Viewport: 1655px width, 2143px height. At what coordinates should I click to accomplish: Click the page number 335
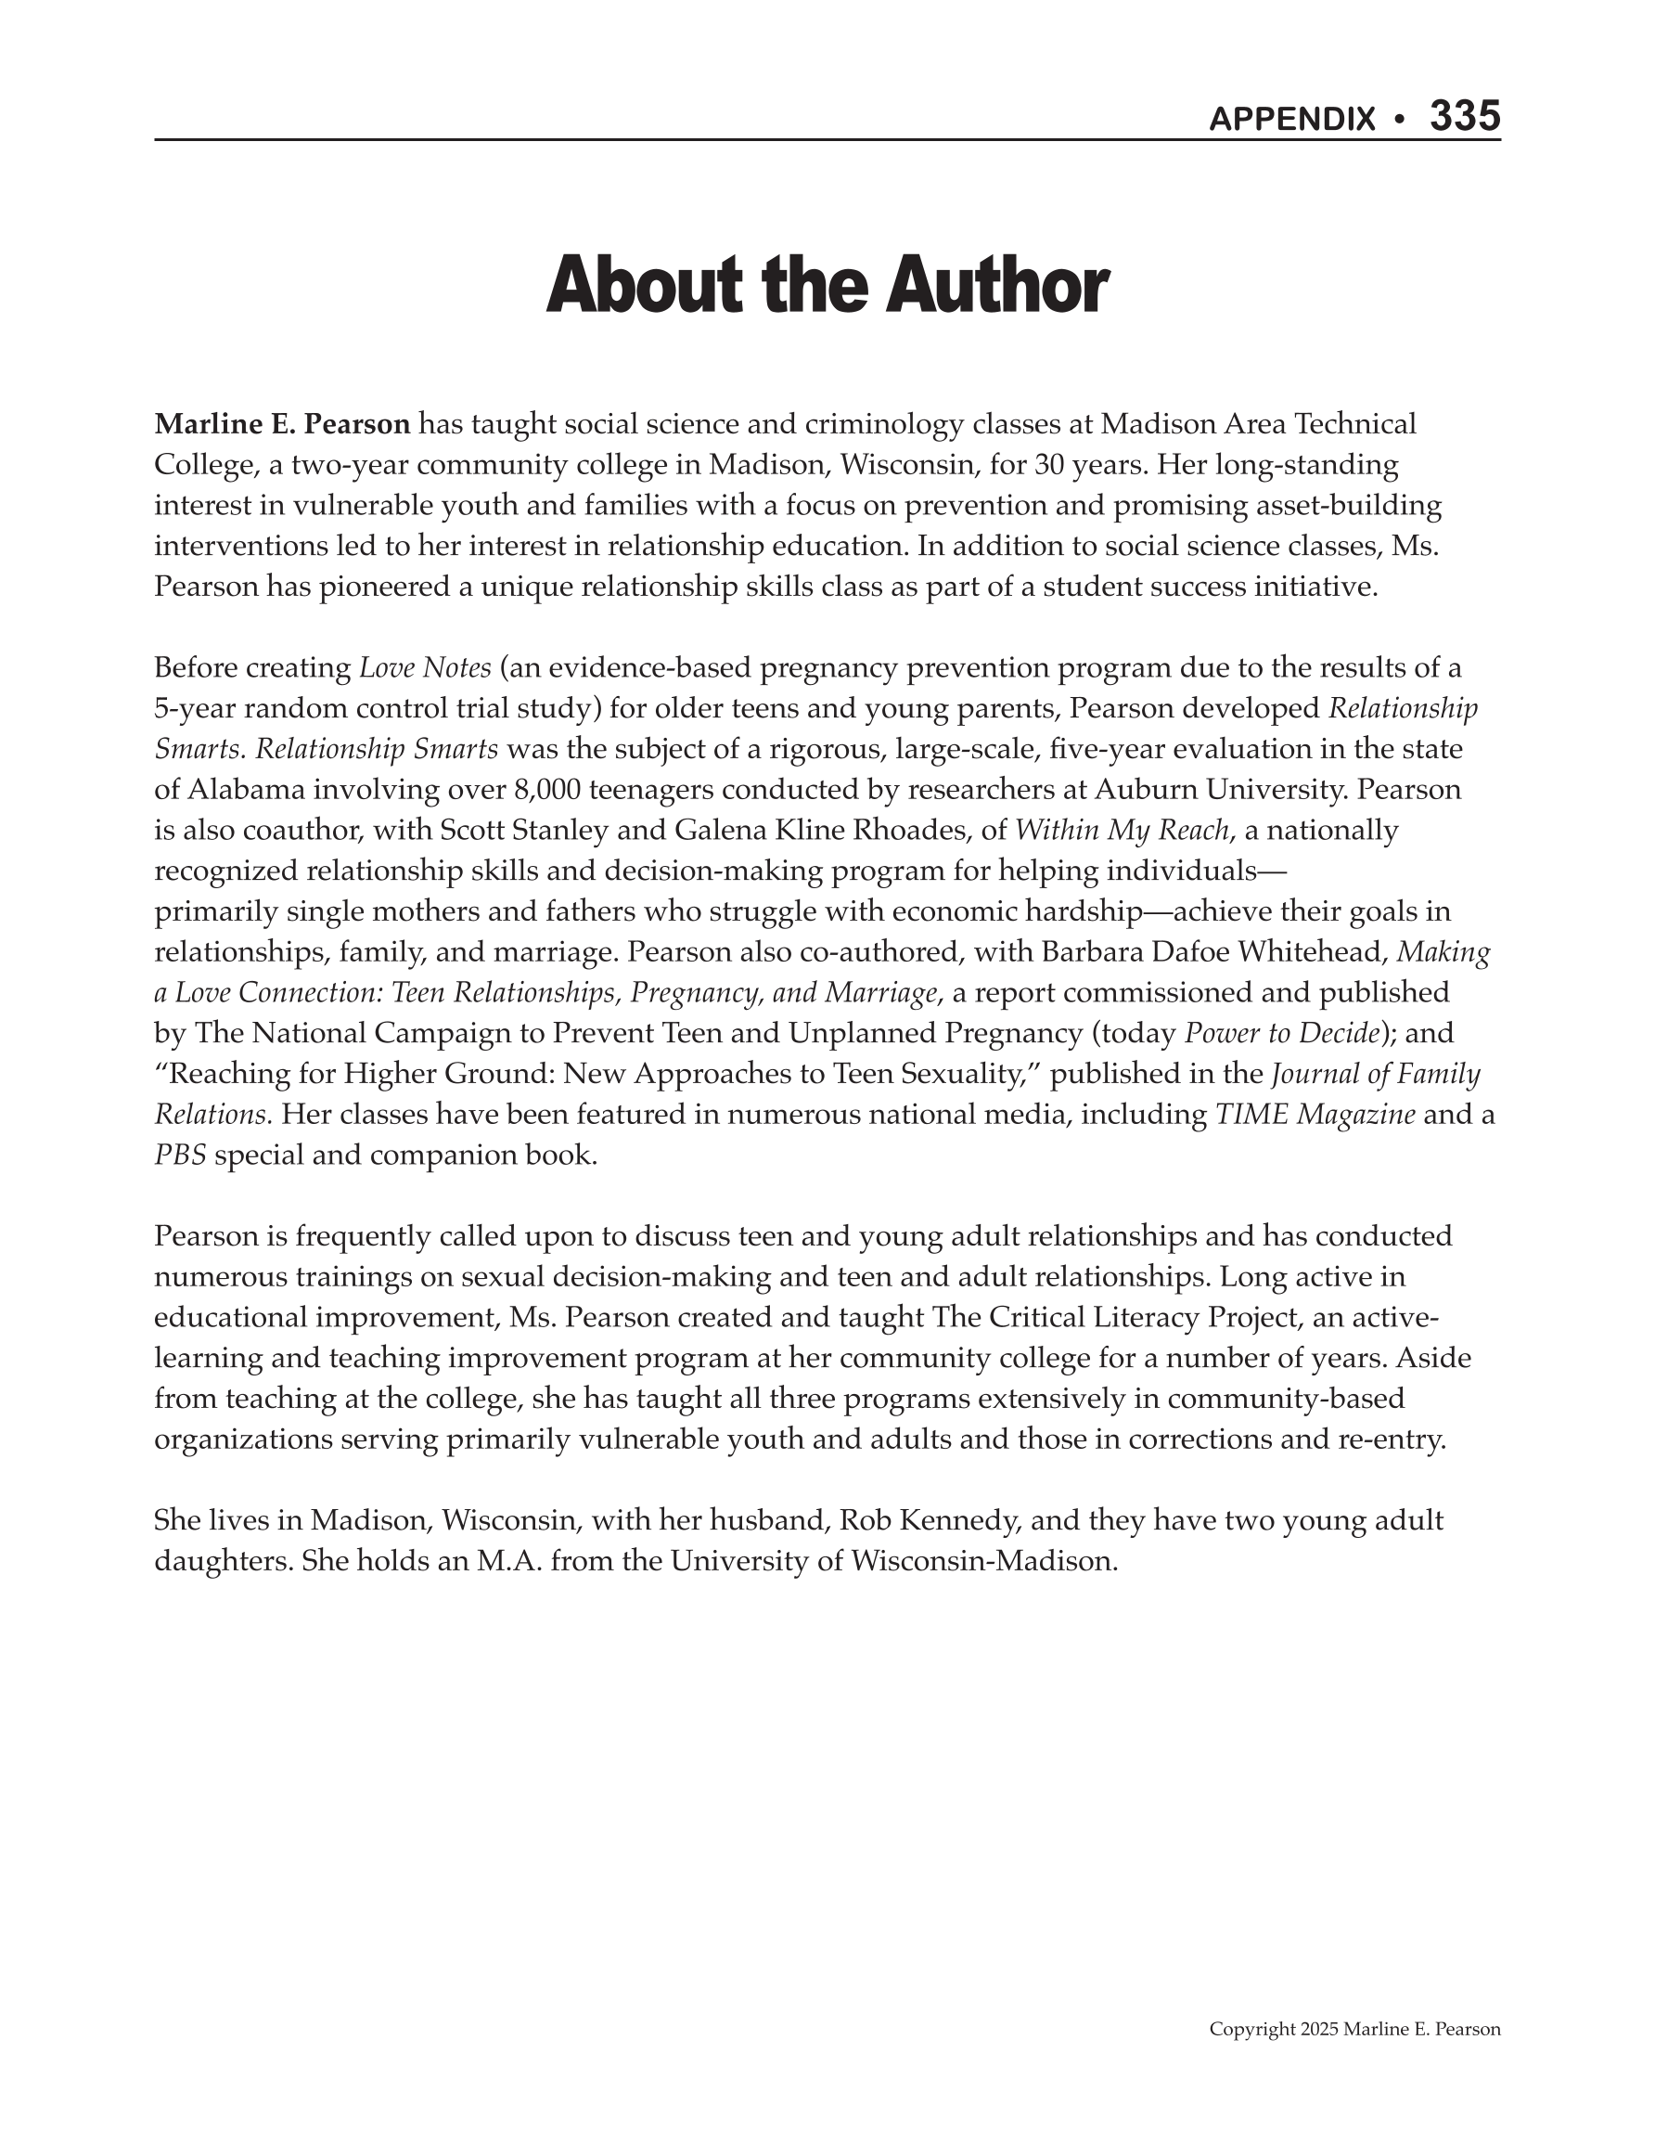(1464, 117)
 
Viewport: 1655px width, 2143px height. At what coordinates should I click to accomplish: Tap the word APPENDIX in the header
(1292, 120)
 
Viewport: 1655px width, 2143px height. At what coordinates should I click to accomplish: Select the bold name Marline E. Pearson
(283, 425)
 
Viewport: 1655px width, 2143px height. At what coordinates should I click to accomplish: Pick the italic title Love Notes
(425, 668)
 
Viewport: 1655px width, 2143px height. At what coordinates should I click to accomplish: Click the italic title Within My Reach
(1122, 831)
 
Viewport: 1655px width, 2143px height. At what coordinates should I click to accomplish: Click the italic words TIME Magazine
(1315, 1115)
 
